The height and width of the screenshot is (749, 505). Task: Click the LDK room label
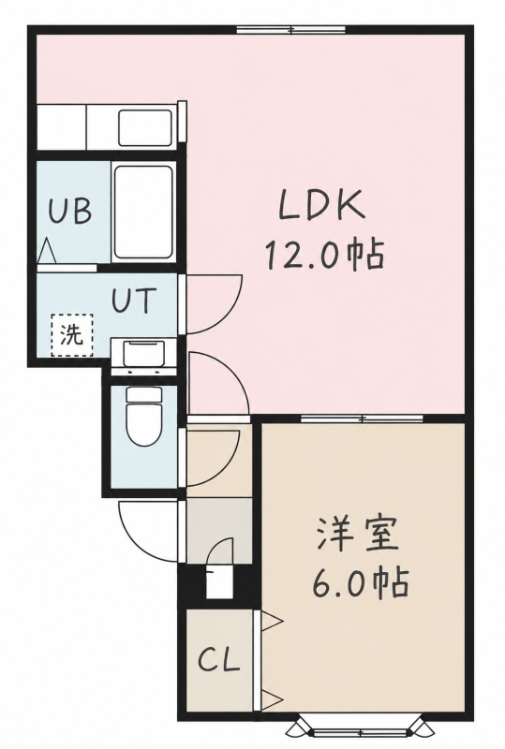coord(321,205)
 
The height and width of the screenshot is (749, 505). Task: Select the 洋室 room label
coord(356,534)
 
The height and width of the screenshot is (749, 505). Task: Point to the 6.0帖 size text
coord(361,580)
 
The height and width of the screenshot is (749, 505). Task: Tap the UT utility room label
coord(134,300)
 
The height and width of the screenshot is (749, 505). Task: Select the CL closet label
coord(218,660)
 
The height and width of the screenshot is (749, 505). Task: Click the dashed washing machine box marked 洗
coord(72,335)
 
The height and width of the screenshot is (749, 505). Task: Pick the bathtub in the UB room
coord(143,212)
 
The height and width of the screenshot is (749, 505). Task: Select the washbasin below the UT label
coord(143,354)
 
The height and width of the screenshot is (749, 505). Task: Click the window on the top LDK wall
coord(291,30)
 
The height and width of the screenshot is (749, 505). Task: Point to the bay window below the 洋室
coord(361,728)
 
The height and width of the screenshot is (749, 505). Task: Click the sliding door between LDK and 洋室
coord(362,419)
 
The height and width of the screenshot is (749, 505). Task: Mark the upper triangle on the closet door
coord(273,621)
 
